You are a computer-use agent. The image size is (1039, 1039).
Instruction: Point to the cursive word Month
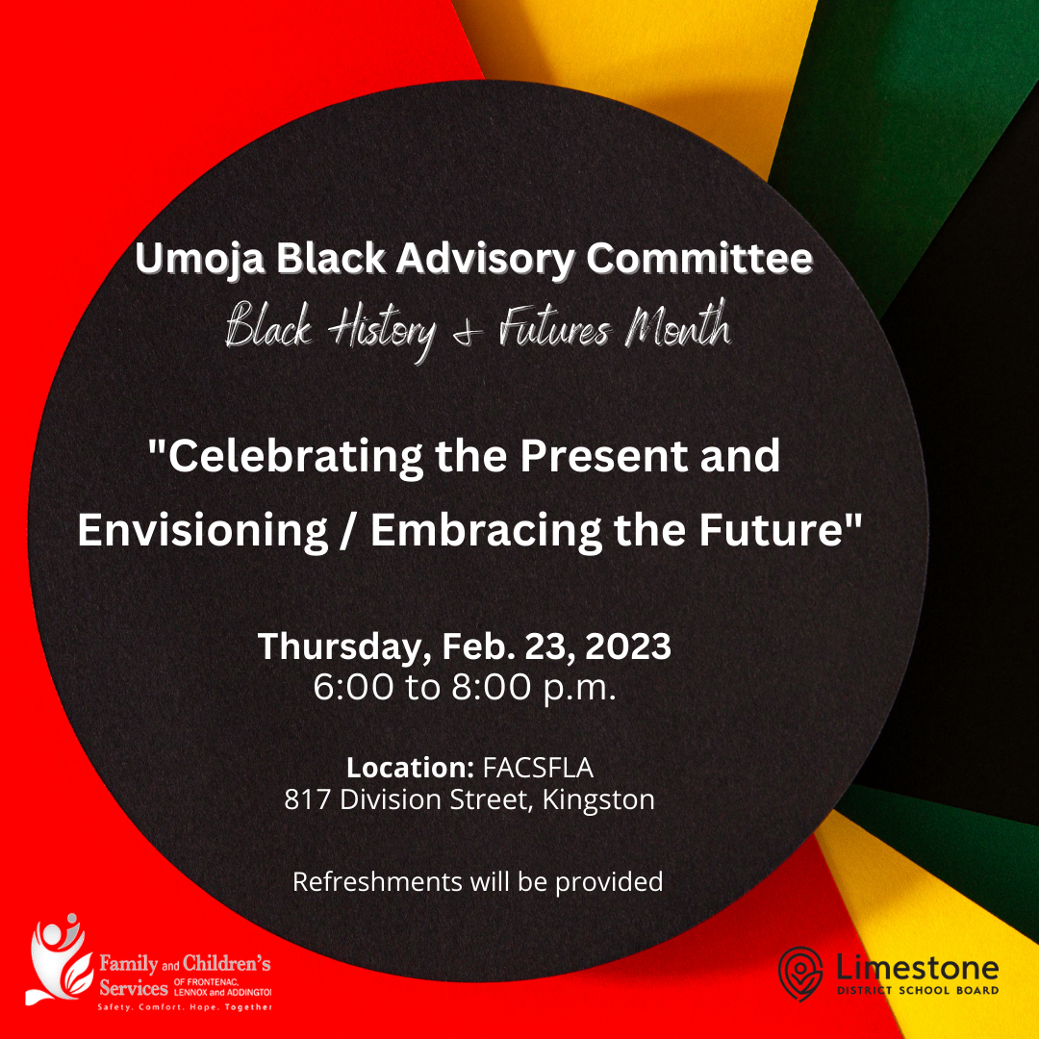click(678, 325)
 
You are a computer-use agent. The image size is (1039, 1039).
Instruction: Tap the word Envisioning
click(203, 530)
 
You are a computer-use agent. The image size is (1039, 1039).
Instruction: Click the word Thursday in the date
click(341, 646)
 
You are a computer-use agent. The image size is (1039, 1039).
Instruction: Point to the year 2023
click(628, 646)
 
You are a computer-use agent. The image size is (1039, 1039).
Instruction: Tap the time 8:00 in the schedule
click(492, 687)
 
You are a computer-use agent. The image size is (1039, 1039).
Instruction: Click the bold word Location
click(410, 768)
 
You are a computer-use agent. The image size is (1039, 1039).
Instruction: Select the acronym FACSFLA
click(538, 768)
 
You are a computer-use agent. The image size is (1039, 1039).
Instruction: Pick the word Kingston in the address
click(598, 799)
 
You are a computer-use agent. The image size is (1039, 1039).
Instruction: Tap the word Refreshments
click(378, 882)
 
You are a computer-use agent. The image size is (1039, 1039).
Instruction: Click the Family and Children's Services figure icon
click(59, 959)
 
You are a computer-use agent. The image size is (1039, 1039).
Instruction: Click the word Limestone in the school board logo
click(918, 968)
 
